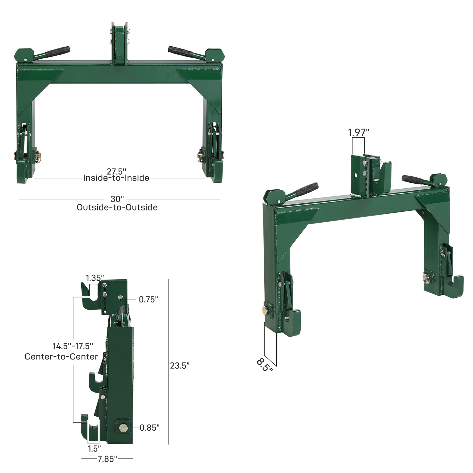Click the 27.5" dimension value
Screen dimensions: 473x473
coord(116,172)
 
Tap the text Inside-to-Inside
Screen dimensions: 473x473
coord(116,178)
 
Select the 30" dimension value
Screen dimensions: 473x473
coord(117,199)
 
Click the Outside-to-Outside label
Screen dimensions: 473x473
coord(117,207)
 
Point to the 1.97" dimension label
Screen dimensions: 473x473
coord(359,132)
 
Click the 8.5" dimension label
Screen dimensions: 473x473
coord(264,365)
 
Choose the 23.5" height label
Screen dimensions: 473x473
coord(179,366)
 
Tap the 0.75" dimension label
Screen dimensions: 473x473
coord(148,299)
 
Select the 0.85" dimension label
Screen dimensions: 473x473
coord(149,427)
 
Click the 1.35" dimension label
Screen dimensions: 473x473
coord(95,278)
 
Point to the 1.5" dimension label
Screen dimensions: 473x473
coord(94,449)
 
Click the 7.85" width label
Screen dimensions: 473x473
coord(107,459)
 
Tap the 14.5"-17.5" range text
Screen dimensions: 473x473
coord(73,346)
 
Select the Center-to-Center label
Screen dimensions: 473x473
coord(61,357)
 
